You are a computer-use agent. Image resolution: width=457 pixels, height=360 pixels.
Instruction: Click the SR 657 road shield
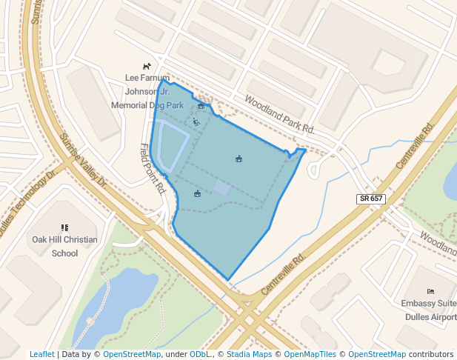[370, 199]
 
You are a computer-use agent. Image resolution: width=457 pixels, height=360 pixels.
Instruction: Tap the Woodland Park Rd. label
[280, 116]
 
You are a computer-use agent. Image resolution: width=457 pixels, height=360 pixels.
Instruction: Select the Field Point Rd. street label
[152, 168]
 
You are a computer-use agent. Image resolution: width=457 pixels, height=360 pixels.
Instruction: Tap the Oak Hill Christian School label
[64, 246]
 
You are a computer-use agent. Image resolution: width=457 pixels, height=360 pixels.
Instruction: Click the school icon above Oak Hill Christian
[64, 227]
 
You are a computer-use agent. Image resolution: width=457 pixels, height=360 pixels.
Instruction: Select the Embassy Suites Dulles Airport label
[429, 310]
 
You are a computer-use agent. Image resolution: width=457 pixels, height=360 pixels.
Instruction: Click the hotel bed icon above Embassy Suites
[430, 291]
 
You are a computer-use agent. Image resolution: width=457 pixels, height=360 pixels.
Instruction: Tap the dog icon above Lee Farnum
[147, 66]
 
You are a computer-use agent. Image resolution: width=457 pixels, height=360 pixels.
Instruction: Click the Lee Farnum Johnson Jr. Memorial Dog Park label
[147, 91]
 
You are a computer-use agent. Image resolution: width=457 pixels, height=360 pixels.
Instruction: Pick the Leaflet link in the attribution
[41, 355]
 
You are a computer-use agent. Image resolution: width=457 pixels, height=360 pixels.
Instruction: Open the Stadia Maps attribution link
[249, 355]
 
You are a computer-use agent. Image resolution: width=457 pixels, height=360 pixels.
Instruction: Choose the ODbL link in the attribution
[199, 355]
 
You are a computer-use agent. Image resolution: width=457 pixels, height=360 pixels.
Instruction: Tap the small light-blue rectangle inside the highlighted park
[221, 188]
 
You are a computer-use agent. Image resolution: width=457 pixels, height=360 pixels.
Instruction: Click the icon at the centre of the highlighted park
[238, 159]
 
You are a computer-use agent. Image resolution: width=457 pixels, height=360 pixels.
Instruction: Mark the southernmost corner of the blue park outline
[228, 280]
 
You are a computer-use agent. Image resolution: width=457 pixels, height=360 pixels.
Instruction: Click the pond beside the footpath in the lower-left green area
[119, 300]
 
